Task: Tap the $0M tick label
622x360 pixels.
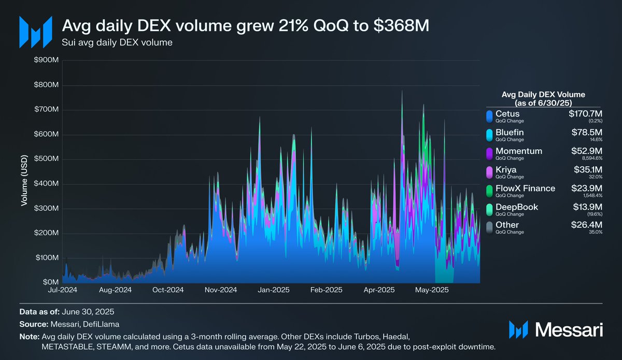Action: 51,282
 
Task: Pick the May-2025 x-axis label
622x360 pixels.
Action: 432,290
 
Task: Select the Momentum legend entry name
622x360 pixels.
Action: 519,151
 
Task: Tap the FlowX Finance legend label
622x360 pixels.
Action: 525,188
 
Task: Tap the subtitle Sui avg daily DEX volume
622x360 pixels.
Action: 117,42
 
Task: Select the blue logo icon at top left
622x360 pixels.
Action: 35,32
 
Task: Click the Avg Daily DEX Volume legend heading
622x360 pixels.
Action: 544,98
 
